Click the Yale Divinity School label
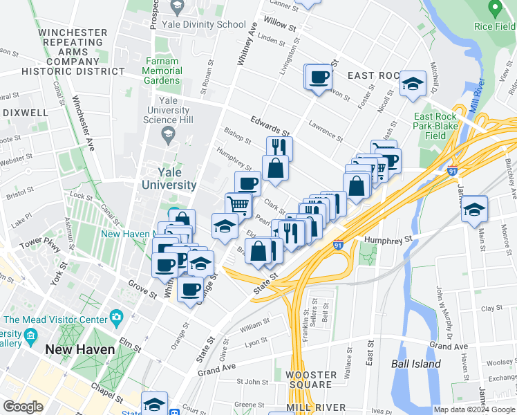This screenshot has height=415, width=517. tap(203, 24)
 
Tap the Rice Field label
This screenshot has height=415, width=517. tap(495, 26)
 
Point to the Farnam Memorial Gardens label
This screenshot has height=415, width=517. tap(163, 71)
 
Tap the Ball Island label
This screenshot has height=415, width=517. tap(415, 363)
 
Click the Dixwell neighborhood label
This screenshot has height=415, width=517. tap(25, 112)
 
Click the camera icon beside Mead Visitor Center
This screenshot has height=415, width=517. tap(116, 318)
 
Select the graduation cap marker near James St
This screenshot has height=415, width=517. tap(474, 207)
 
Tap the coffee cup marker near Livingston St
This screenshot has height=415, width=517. tap(318, 76)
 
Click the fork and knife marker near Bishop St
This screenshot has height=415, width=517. tap(279, 147)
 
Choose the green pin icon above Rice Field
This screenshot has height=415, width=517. tap(493, 8)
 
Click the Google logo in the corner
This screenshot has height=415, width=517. tap(23, 407)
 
